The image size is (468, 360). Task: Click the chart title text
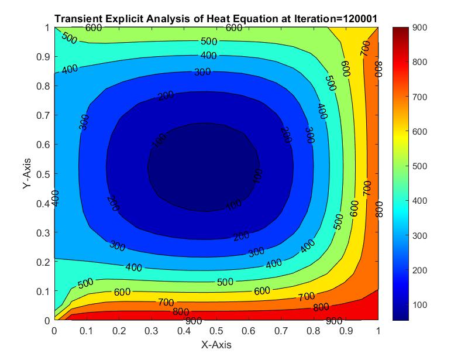[x=215, y=19]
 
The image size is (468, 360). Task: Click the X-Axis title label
[x=216, y=345]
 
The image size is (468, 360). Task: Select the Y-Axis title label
[x=27, y=174]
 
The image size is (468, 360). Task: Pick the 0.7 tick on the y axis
[x=44, y=115]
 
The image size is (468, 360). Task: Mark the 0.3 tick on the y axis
[x=44, y=232]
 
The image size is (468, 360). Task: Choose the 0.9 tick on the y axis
[x=44, y=57]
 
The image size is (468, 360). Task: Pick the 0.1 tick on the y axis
[x=44, y=291]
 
